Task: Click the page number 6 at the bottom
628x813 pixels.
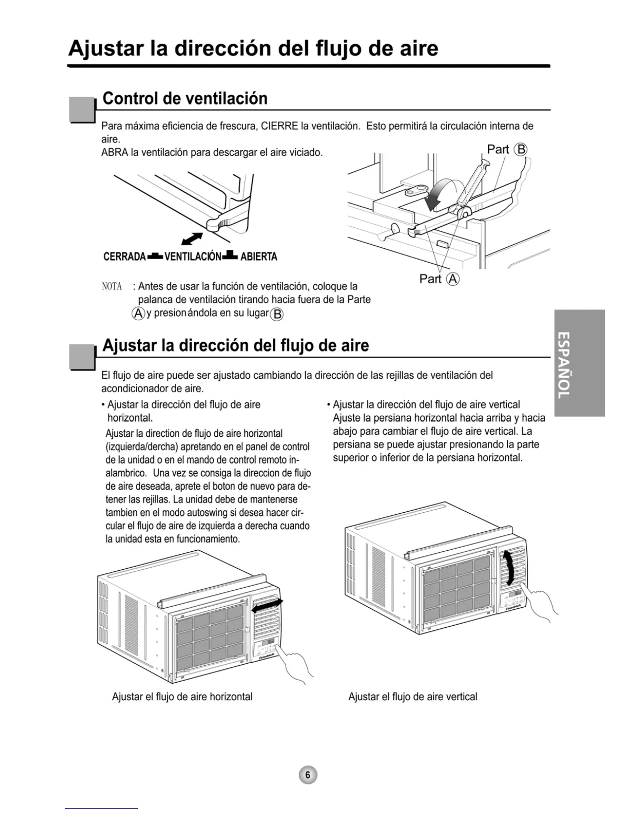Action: (x=308, y=775)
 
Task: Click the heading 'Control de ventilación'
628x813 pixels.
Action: (x=185, y=98)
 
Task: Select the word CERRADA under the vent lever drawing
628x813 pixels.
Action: (x=125, y=257)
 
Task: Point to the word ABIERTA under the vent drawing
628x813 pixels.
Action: (x=259, y=257)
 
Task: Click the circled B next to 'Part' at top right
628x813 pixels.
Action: (x=521, y=149)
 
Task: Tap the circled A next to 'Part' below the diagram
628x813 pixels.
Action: (x=453, y=279)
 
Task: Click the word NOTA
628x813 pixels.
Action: (x=112, y=286)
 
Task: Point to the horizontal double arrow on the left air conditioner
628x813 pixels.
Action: (x=267, y=605)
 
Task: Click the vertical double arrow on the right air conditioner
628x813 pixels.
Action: (x=508, y=568)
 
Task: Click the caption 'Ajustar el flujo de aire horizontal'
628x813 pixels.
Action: (x=182, y=696)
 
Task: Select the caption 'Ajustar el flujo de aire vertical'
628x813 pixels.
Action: (x=413, y=696)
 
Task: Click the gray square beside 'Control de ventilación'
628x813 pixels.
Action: (x=82, y=109)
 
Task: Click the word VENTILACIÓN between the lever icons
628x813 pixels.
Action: (x=193, y=257)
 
